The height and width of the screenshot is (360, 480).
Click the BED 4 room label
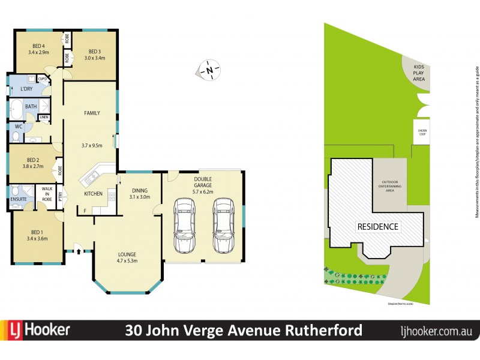(38, 47)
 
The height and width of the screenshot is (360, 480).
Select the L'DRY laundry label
(26, 89)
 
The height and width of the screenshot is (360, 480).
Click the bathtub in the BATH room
(16, 109)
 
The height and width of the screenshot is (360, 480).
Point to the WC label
(18, 127)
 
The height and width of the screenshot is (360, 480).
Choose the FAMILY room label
(92, 113)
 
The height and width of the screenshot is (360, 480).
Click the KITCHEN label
(93, 194)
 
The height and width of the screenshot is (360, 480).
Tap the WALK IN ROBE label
(47, 196)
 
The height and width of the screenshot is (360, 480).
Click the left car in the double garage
(184, 226)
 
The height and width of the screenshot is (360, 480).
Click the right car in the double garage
(223, 226)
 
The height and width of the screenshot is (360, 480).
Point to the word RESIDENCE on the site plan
(378, 226)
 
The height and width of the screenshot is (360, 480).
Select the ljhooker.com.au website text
(436, 331)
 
